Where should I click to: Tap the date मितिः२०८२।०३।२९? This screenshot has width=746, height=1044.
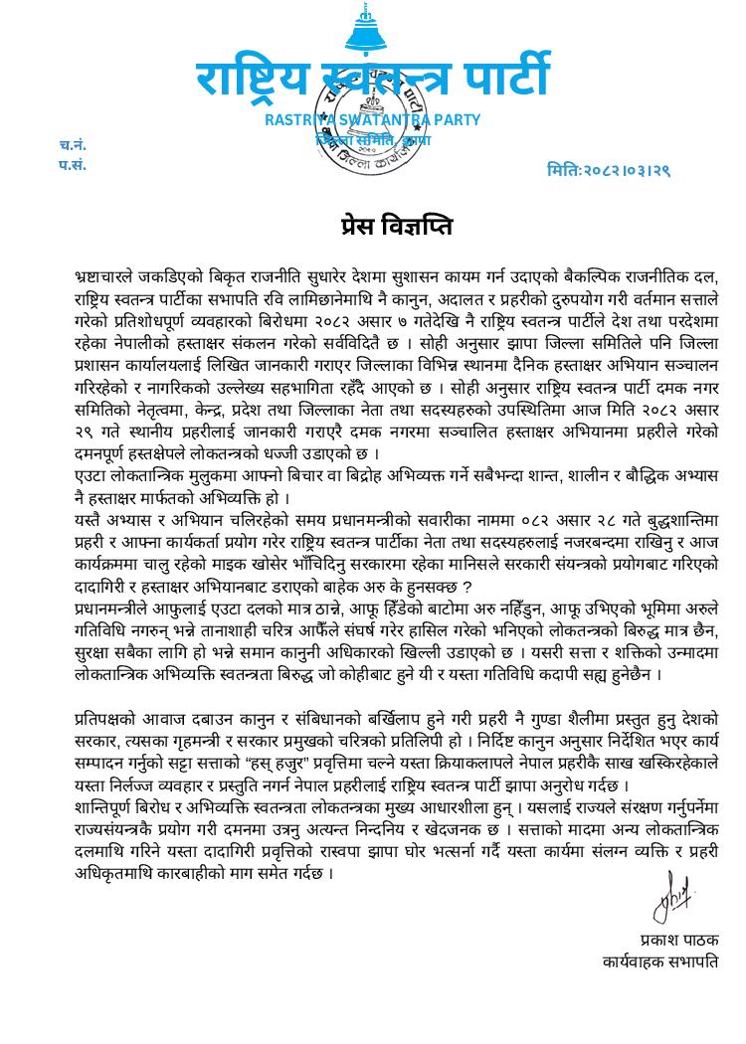coord(608,170)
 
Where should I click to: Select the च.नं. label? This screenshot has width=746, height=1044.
coord(72,145)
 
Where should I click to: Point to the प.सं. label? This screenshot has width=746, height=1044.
coord(72,165)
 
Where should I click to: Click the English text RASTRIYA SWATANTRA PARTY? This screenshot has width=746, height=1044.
coord(372,120)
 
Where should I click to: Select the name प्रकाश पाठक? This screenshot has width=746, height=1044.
coord(678,940)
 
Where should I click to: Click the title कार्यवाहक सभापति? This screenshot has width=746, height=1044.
coord(660,961)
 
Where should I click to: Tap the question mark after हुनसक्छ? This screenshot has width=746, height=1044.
coord(465,584)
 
